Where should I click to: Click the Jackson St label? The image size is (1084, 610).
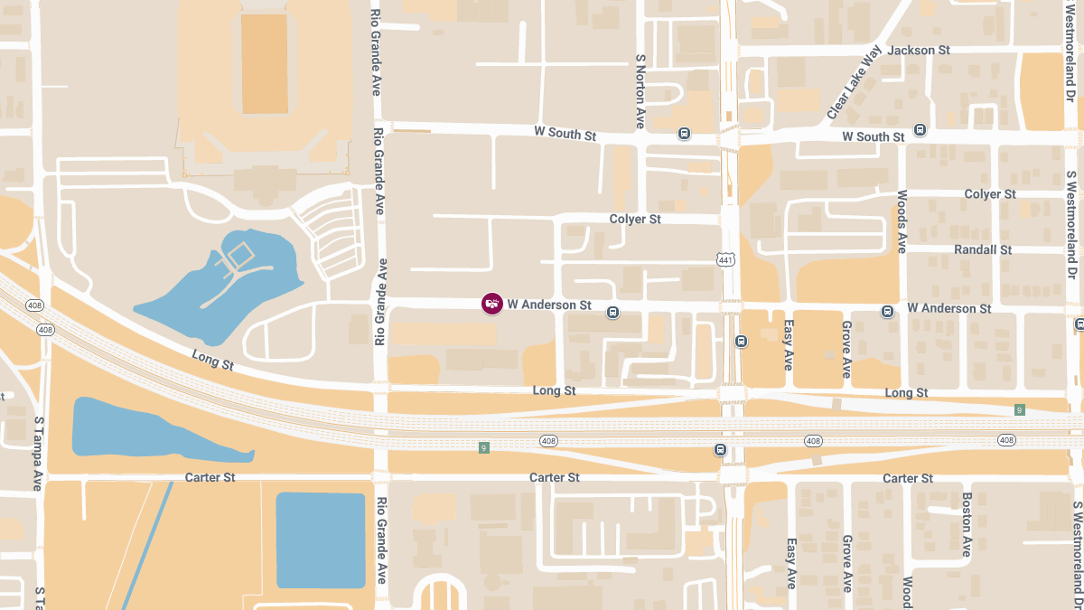[x=919, y=51]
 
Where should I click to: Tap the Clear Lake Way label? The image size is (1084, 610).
[x=854, y=82]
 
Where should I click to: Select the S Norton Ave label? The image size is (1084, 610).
[x=640, y=90]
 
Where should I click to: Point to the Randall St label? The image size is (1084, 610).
[x=983, y=249]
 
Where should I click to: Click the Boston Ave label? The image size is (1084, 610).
[x=966, y=523]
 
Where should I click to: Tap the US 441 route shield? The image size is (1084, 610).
[x=728, y=260]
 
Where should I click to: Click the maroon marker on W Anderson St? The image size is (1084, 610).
[x=491, y=304]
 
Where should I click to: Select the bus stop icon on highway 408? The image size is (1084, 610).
[x=720, y=450]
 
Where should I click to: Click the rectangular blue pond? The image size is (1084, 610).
[x=320, y=540]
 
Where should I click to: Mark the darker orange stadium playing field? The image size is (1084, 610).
[x=265, y=63]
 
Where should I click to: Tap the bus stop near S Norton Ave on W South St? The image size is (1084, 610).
[x=684, y=134]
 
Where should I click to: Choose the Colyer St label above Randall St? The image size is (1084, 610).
[x=990, y=194]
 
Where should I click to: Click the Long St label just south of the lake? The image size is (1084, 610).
[x=213, y=361]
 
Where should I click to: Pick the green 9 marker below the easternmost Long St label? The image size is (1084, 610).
[x=1019, y=410]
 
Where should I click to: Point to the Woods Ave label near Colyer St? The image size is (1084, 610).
[x=902, y=221]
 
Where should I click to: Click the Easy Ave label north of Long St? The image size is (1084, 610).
[x=789, y=344]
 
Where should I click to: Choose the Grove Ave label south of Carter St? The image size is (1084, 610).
[x=847, y=563]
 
